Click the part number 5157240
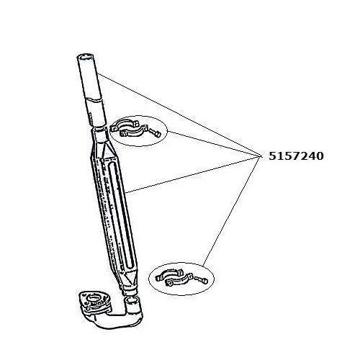coord(296,156)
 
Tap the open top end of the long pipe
coord(85,58)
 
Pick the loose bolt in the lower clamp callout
coord(201,280)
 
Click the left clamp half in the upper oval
coord(124,126)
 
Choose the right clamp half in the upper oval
coord(132,132)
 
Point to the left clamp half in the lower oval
coord(169,275)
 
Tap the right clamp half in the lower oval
coord(179,279)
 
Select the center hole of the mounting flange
coord(95,299)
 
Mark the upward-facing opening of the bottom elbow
coord(131,300)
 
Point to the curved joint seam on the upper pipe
coord(94,99)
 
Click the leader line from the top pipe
coord(179,114)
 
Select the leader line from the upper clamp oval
coord(214,143)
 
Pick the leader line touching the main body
coord(194,174)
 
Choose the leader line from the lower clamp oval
coord(232,211)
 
